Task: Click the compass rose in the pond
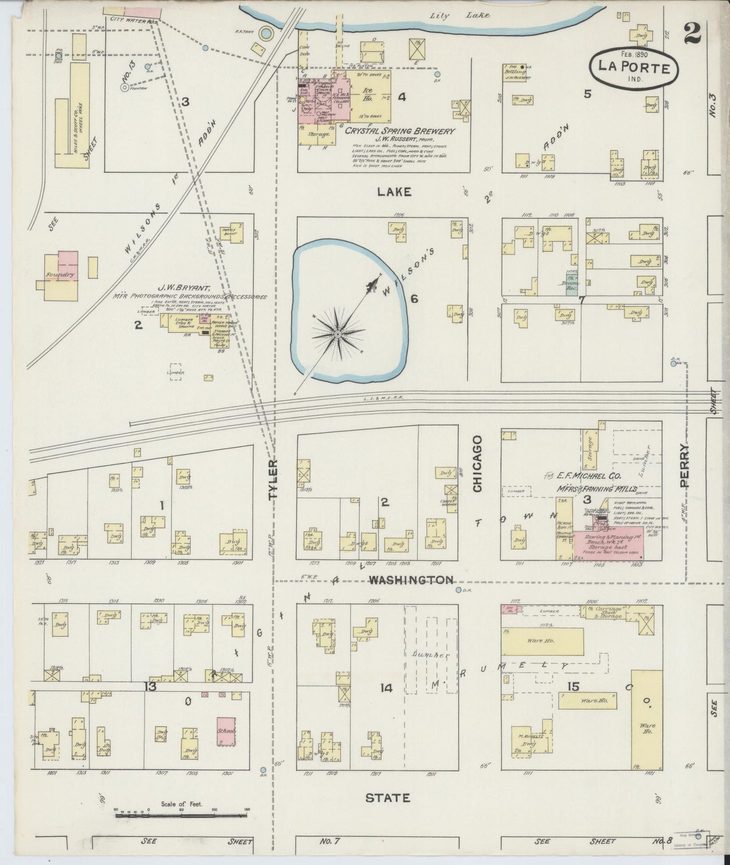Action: click(337, 334)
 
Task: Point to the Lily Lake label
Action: click(459, 15)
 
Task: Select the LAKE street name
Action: click(394, 192)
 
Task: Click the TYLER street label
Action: click(273, 479)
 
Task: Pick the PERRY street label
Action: click(685, 465)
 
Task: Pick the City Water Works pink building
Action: click(141, 13)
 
